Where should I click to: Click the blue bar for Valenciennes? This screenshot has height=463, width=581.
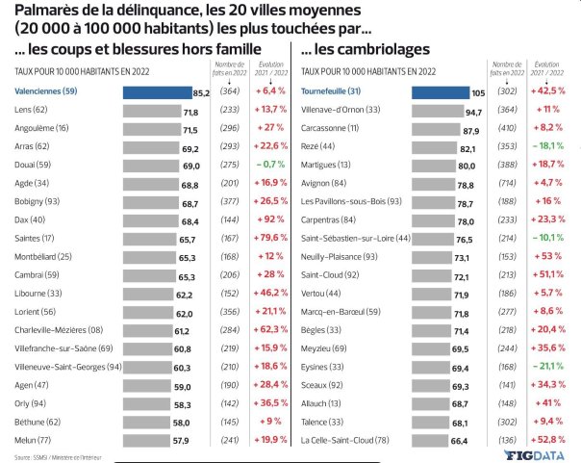[158, 92]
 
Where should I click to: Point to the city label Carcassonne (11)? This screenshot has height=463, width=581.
[333, 129]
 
